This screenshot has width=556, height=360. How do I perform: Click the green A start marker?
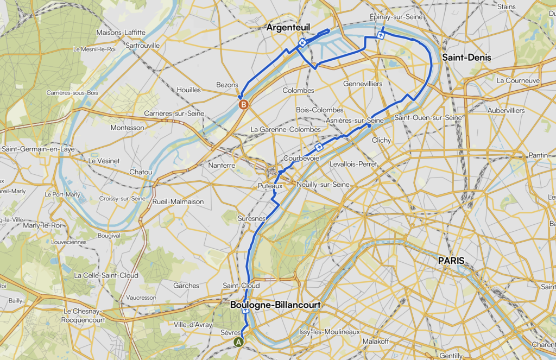pyautogui.click(x=238, y=342)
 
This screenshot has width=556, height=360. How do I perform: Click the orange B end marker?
pyautogui.click(x=244, y=104)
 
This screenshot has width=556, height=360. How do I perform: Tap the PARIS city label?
pyautogui.click(x=452, y=261)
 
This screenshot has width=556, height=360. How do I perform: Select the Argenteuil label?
pyautogui.click(x=288, y=27)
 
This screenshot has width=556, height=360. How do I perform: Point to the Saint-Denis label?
pyautogui.click(x=467, y=57)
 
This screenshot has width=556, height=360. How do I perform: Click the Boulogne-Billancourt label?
pyautogui.click(x=275, y=305)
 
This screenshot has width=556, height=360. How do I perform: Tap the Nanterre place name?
pyautogui.click(x=222, y=165)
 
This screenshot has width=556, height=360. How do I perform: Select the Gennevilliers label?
pyautogui.click(x=363, y=84)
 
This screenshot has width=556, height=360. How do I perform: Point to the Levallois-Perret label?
pyautogui.click(x=353, y=164)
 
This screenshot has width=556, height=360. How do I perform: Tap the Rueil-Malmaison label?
pyautogui.click(x=178, y=201)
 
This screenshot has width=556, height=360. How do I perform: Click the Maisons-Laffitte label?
pyautogui.click(x=121, y=33)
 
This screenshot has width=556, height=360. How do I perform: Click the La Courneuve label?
pyautogui.click(x=518, y=80)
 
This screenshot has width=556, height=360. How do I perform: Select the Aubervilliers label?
pyautogui.click(x=506, y=110)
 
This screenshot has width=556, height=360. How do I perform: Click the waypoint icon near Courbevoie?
pyautogui.click(x=319, y=147)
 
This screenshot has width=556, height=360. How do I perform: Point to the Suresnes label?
pyautogui.click(x=251, y=218)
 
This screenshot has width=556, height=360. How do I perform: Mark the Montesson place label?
pyautogui.click(x=128, y=128)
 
